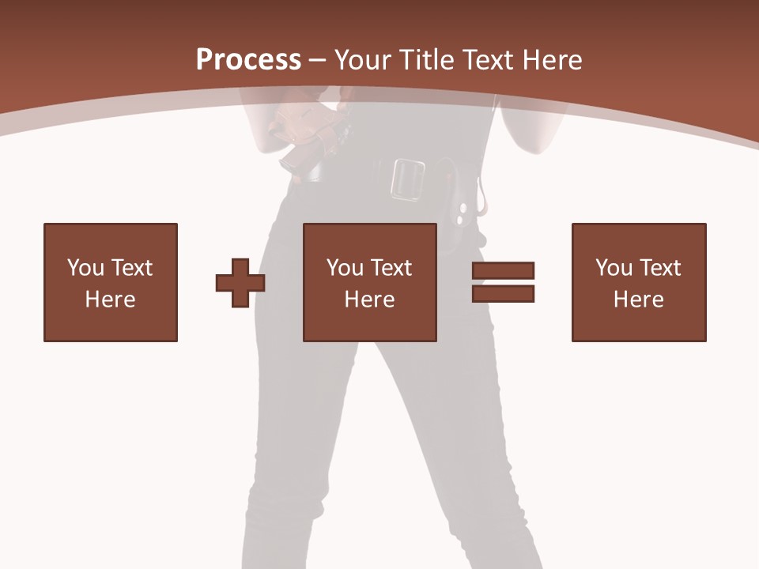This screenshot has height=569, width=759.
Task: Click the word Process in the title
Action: (x=248, y=60)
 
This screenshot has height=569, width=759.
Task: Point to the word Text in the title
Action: (x=491, y=60)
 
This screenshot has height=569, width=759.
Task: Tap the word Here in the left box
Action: (x=110, y=300)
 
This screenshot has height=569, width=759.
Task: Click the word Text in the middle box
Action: (x=391, y=268)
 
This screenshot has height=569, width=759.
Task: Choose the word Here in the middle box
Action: (x=369, y=300)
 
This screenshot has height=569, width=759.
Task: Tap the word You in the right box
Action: (x=614, y=268)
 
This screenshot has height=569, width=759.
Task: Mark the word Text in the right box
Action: (x=659, y=268)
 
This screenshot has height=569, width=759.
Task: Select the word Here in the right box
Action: (x=638, y=300)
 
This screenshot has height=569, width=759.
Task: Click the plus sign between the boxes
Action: (x=240, y=283)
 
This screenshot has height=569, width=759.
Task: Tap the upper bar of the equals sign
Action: (x=503, y=270)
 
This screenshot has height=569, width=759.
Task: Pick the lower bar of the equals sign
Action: (x=503, y=293)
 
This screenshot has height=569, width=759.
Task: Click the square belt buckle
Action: (x=407, y=179)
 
